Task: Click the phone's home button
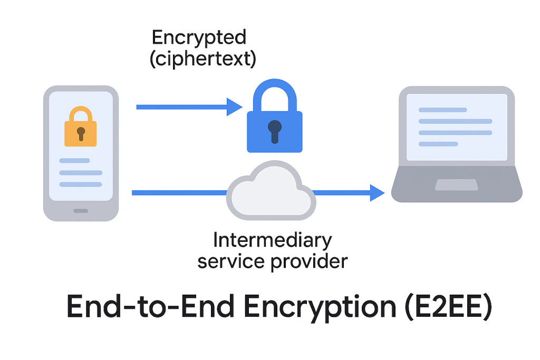[x=81, y=210]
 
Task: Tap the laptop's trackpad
[x=456, y=184]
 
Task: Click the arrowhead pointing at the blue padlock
[x=234, y=107]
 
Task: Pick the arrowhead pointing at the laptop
[x=377, y=193]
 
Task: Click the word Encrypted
[x=199, y=37]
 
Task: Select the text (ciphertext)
[x=203, y=59]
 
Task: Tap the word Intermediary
[x=272, y=240]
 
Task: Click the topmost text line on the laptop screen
[x=442, y=110]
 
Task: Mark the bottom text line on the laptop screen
[x=438, y=143]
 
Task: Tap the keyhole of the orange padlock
[x=81, y=132]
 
